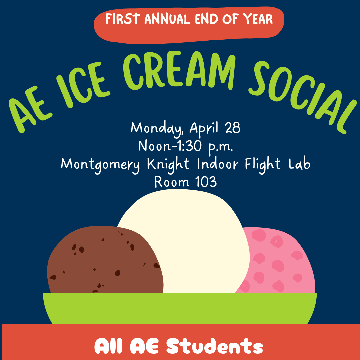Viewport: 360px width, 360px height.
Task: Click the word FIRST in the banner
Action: [121, 19]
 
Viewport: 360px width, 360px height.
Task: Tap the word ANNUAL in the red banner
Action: [167, 19]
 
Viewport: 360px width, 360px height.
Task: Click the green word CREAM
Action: [179, 70]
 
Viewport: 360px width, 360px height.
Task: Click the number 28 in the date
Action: [233, 128]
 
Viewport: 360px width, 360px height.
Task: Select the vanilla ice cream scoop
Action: [183, 241]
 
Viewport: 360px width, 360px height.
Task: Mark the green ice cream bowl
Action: [180, 308]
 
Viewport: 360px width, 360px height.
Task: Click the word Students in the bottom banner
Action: [214, 346]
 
